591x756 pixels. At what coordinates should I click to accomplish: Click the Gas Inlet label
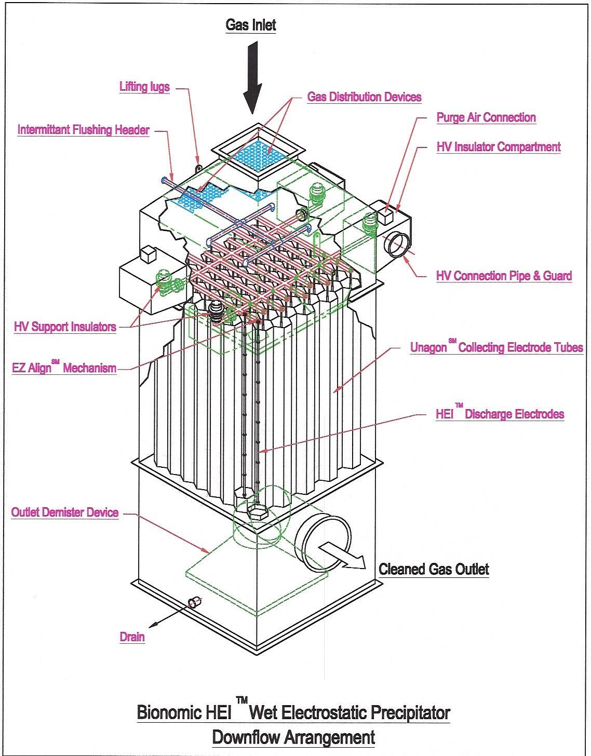click(251, 25)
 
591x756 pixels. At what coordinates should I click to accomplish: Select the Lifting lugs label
click(144, 86)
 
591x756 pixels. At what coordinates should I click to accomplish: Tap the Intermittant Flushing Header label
click(84, 130)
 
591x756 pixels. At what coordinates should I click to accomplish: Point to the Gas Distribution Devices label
click(364, 97)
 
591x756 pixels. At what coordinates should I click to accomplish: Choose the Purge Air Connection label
click(486, 117)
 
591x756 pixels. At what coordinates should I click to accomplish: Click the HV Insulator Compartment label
click(498, 147)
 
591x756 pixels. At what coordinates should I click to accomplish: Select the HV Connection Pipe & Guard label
click(504, 276)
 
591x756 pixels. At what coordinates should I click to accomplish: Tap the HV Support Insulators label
click(65, 327)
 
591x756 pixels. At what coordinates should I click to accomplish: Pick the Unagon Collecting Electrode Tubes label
click(496, 347)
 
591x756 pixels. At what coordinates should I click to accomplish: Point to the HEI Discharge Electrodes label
click(500, 414)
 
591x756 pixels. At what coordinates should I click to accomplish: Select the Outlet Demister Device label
click(65, 512)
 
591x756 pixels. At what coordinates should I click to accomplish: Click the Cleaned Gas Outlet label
click(434, 569)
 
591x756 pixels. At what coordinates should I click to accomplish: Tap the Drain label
click(132, 637)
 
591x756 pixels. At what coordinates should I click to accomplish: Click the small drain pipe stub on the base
click(194, 602)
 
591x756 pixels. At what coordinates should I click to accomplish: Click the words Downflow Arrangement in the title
click(293, 737)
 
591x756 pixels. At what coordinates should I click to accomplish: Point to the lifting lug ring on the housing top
click(198, 167)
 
